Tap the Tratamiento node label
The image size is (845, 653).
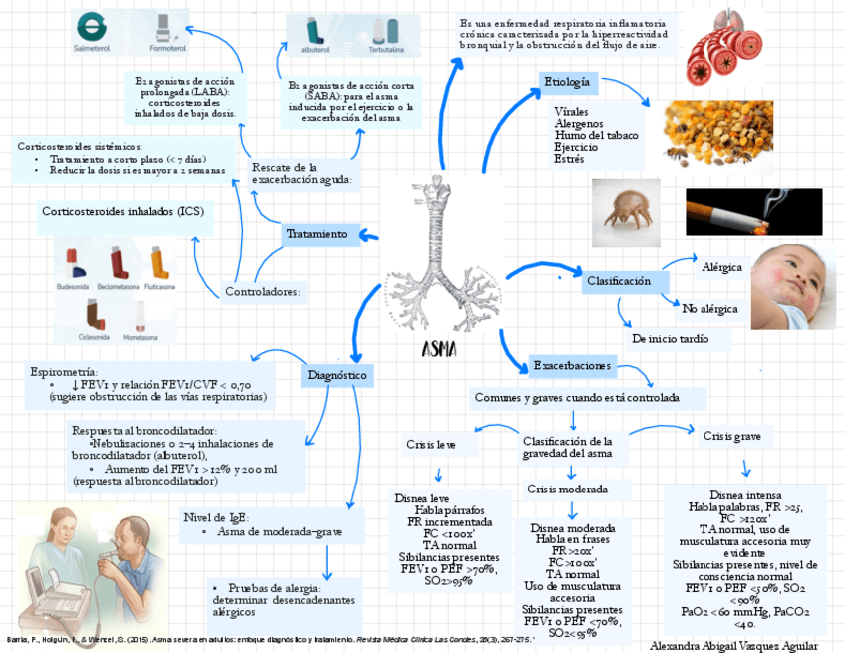pyautogui.click(x=317, y=234)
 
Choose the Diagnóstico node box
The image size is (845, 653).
pyautogui.click(x=337, y=375)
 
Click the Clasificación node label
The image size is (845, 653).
pyautogui.click(x=619, y=281)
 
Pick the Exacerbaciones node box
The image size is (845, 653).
pyautogui.click(x=571, y=366)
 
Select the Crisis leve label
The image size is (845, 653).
pyautogui.click(x=430, y=444)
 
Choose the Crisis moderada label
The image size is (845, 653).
pyautogui.click(x=567, y=490)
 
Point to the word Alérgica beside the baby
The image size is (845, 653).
pyautogui.click(x=722, y=267)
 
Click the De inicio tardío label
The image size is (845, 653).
pyautogui.click(x=670, y=339)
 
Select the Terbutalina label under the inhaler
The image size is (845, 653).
pyautogui.click(x=384, y=48)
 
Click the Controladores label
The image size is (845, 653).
pyautogui.click(x=262, y=292)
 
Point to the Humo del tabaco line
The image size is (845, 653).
pyautogui.click(x=596, y=135)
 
